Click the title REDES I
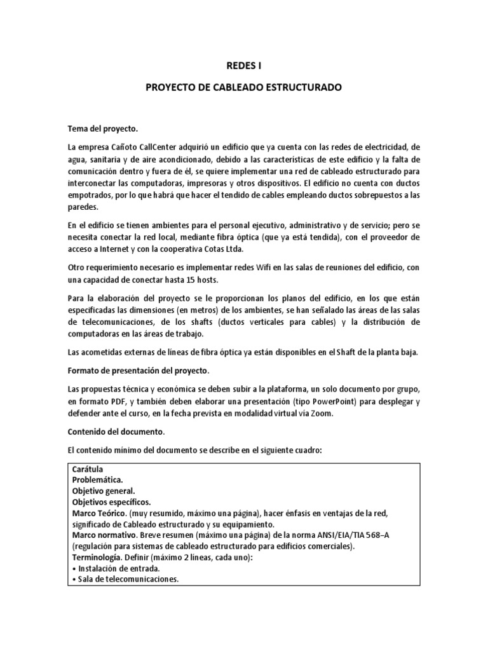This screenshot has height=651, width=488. point(243,64)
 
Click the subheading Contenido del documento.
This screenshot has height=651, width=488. point(115,431)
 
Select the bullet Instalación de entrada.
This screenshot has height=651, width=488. point(116,568)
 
